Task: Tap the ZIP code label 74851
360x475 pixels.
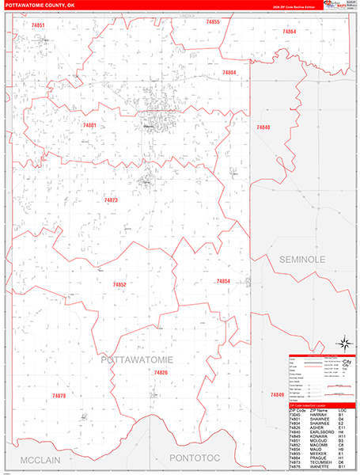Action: (38, 26)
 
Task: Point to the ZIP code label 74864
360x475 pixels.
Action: (289, 31)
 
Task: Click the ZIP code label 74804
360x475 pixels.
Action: (229, 72)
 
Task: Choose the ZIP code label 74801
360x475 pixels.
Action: (89, 125)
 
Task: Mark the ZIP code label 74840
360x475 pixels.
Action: (263, 127)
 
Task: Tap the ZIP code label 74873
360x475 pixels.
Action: (111, 200)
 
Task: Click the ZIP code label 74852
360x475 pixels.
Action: (119, 284)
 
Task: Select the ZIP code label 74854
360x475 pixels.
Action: (223, 281)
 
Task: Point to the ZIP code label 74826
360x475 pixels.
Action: (161, 372)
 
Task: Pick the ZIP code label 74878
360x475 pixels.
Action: (59, 395)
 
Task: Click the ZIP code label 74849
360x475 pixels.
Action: (276, 394)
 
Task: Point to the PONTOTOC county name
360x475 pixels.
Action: (191, 460)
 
